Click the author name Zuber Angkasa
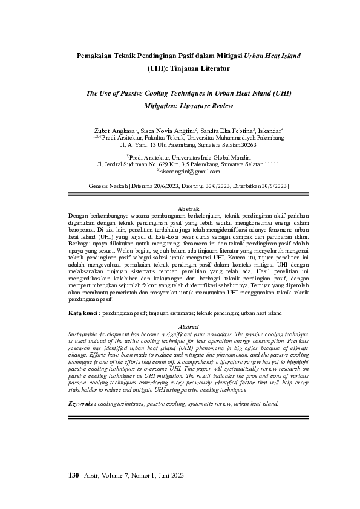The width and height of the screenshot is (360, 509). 115,129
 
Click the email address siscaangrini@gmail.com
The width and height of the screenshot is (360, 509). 182,172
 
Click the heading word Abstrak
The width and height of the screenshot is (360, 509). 180,208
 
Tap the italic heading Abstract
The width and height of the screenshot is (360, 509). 180,326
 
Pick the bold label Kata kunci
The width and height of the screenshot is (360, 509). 82,313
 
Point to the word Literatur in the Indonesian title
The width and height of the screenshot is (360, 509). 212,69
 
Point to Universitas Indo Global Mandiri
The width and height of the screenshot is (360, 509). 200,156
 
